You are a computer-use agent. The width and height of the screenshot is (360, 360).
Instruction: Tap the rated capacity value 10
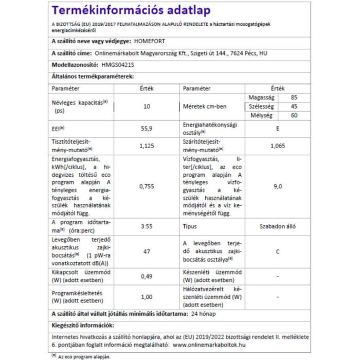pyautogui.click(x=147, y=107)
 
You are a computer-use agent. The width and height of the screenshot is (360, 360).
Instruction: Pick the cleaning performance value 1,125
pyautogui.click(x=147, y=146)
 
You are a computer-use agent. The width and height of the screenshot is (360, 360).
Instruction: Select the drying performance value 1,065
pyautogui.click(x=278, y=146)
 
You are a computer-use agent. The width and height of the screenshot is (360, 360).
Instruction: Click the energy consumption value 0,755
pyautogui.click(x=147, y=186)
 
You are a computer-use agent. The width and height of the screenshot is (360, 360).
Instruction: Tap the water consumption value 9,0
pyautogui.click(x=278, y=186)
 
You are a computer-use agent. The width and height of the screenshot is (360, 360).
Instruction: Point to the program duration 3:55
pyautogui.click(x=147, y=226)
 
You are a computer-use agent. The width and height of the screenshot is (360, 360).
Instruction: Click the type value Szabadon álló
pyautogui.click(x=278, y=226)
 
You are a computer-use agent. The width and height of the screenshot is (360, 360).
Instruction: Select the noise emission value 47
pyautogui.click(x=147, y=251)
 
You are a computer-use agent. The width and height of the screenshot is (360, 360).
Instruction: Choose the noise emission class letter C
pyautogui.click(x=278, y=251)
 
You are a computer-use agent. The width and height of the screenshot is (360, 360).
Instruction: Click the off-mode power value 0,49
pyautogui.click(x=147, y=276)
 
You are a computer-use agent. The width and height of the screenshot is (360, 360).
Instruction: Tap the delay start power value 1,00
pyautogui.click(x=147, y=297)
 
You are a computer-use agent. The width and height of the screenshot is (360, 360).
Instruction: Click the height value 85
pyautogui.click(x=294, y=97)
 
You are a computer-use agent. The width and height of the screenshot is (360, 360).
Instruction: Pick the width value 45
pyautogui.click(x=294, y=106)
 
